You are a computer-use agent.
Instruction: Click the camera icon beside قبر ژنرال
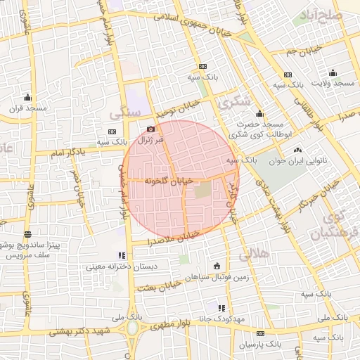click(150, 129)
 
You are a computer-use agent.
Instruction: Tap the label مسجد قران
click(27, 109)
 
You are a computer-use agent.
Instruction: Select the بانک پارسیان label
click(259, 345)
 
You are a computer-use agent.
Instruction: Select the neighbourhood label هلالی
click(255, 254)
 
